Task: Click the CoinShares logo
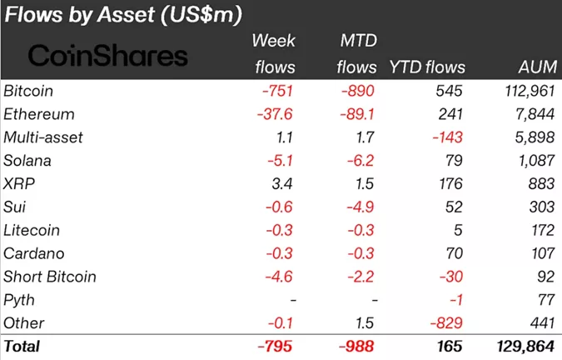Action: coord(108,56)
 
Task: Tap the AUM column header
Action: coord(532,67)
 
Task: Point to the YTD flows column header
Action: coord(427,67)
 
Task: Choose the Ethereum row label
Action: coord(38,114)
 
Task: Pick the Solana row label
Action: coord(27,160)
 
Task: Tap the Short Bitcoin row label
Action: coord(50,277)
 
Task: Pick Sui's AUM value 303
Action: coord(541,207)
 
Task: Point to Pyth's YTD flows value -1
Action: coord(457,300)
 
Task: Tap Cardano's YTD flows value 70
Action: coord(455,253)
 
